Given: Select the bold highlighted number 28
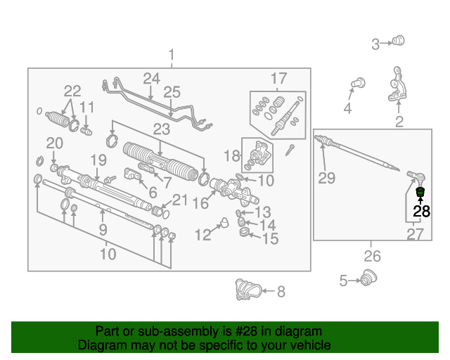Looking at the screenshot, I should (421, 210).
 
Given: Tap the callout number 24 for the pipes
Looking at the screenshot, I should (152, 78).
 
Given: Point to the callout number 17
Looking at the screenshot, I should (278, 78).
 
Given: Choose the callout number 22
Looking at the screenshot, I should (72, 91).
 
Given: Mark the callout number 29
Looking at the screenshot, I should (326, 178).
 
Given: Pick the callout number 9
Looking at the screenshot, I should (103, 229).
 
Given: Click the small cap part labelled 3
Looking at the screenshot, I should (399, 41).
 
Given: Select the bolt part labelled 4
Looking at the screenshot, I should (355, 84).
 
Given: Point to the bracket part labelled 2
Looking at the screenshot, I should (398, 85).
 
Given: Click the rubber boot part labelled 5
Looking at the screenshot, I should (366, 279).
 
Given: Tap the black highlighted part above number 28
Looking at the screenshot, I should (420, 192).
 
